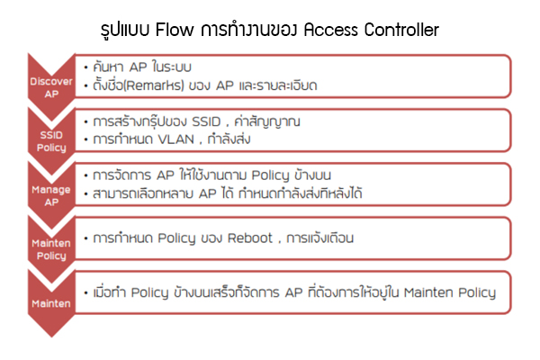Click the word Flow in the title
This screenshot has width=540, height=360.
[175, 30]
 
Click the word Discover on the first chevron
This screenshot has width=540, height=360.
[51, 82]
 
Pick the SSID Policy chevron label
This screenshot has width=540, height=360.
[51, 141]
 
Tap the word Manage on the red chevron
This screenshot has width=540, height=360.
[51, 190]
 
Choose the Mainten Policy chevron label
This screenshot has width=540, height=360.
[51, 249]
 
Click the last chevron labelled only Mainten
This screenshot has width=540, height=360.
[51, 303]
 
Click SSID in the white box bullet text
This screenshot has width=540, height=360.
[206, 121]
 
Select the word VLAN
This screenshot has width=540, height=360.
[176, 139]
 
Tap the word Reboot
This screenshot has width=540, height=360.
[250, 238]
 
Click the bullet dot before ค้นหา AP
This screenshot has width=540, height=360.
[86, 67]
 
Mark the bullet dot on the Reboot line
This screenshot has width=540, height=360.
[86, 238]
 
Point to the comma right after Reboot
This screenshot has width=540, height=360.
[279, 242]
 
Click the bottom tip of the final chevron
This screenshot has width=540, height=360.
[51, 337]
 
